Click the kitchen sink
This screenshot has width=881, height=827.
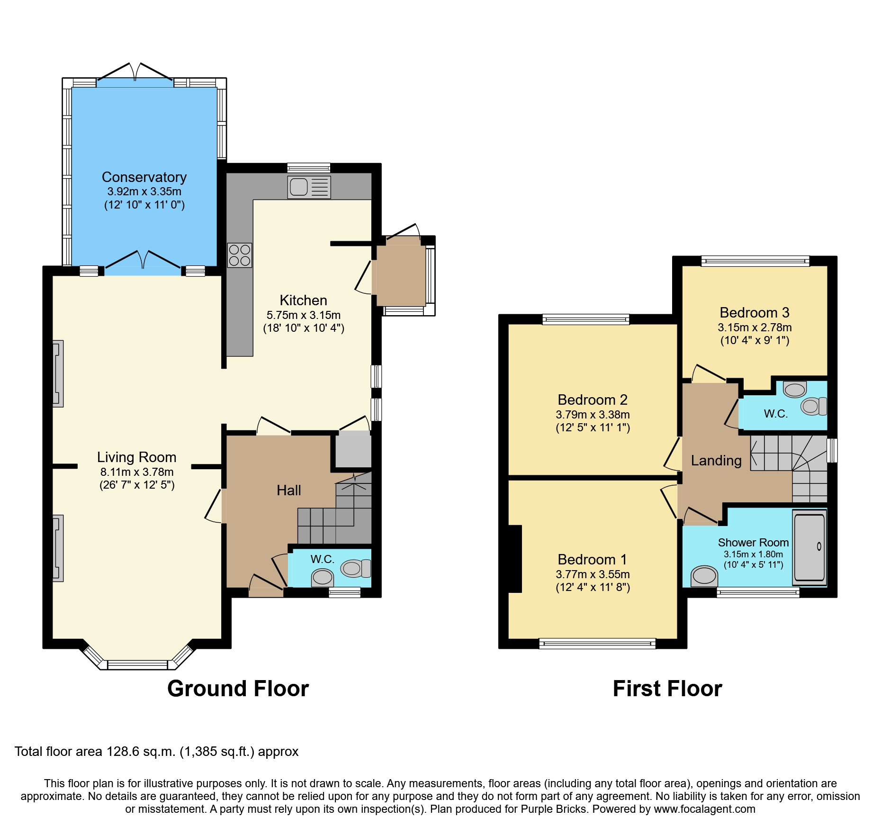pyautogui.click(x=309, y=187)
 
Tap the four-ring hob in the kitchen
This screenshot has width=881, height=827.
pyautogui.click(x=239, y=255)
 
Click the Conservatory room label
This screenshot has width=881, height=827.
pyautogui.click(x=144, y=177)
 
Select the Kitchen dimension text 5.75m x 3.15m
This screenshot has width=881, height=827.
pyautogui.click(x=303, y=315)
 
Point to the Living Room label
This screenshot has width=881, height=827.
pyautogui.click(x=136, y=457)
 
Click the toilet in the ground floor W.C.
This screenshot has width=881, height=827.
pyautogui.click(x=356, y=568)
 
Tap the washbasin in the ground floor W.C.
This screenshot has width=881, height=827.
pyautogui.click(x=323, y=577)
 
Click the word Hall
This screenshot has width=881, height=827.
pyautogui.click(x=288, y=491)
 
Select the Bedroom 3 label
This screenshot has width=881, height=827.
pyautogui.click(x=754, y=313)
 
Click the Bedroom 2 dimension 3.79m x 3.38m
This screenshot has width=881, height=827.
pyautogui.click(x=593, y=415)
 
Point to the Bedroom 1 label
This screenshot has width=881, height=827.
pyautogui.click(x=592, y=560)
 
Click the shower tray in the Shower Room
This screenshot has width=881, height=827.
pyautogui.click(x=809, y=547)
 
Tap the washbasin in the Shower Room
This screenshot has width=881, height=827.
pyautogui.click(x=704, y=576)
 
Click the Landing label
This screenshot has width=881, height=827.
pyautogui.click(x=716, y=461)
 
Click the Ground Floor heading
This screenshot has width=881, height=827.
pyautogui.click(x=238, y=689)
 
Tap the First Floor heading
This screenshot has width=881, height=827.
pyautogui.click(x=667, y=689)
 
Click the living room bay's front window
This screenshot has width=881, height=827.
pyautogui.click(x=137, y=665)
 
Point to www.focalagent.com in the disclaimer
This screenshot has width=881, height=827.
pyautogui.click(x=704, y=809)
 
